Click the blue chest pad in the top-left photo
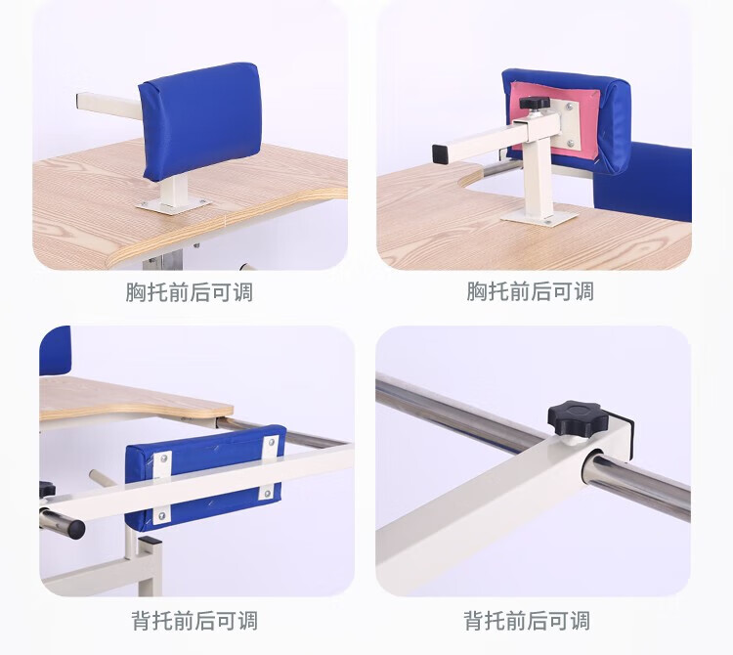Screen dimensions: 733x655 click(x=200, y=121)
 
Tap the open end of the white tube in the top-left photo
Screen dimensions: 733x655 click(x=78, y=102)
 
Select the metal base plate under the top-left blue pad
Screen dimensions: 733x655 click(x=173, y=205)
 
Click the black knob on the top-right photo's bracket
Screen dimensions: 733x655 click(x=535, y=103)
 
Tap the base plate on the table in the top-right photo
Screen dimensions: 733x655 click(x=539, y=217)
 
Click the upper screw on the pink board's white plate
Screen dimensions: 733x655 click(x=570, y=108)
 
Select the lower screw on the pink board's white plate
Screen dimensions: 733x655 click(x=571, y=144)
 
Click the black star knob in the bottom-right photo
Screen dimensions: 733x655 click(x=578, y=417)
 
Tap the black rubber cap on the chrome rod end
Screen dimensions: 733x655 click(x=75, y=528)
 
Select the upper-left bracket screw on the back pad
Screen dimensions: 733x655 click(x=163, y=459)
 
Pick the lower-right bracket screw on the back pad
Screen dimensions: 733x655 click(x=267, y=493)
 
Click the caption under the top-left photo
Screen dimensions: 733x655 click(x=189, y=292)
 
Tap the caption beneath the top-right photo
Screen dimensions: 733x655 click(x=530, y=291)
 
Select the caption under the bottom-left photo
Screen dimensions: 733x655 click(x=194, y=621)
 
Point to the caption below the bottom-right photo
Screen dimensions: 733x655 click(x=527, y=621)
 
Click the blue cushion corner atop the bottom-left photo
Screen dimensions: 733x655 click(x=55, y=351)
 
